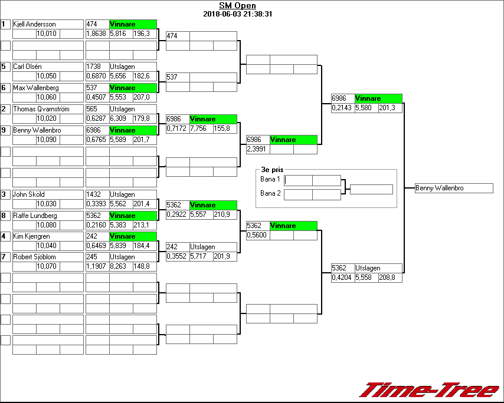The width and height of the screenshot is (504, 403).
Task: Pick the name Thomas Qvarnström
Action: [x=41, y=109]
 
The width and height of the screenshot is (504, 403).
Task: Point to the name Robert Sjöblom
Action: [x=36, y=257]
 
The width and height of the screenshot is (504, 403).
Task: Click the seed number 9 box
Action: [x=5, y=130]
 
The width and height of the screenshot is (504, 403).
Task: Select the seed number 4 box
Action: [x=5, y=236]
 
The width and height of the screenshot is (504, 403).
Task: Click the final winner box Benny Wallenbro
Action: [x=453, y=188]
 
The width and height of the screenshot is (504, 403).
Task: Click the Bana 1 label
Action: [x=270, y=179]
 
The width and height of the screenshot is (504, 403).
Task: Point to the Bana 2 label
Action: [x=270, y=193]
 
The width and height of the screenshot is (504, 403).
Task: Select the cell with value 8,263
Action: [x=120, y=266]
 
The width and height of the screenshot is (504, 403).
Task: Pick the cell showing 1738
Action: [x=97, y=67]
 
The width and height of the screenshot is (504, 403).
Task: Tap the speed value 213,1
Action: [x=144, y=225]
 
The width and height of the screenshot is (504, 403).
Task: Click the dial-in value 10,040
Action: [x=47, y=246]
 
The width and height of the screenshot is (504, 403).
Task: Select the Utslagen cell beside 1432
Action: [x=133, y=194]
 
